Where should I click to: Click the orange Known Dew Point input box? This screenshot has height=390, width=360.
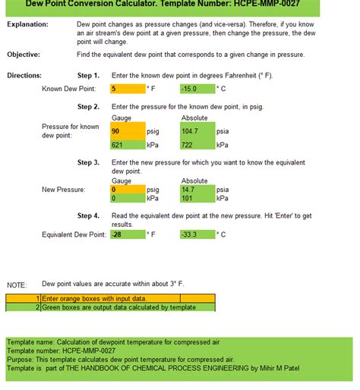click(x=127, y=89)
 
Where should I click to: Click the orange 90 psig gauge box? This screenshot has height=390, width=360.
click(x=127, y=131)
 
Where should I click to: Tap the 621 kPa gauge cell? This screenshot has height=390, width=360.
click(x=127, y=144)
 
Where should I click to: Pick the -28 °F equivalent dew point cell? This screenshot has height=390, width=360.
click(x=127, y=234)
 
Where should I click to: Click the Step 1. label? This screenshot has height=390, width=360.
click(x=88, y=76)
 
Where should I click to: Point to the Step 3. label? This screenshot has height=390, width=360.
click(x=88, y=162)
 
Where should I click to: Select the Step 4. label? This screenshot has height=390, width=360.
click(x=88, y=215)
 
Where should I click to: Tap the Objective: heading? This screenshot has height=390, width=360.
click(x=24, y=55)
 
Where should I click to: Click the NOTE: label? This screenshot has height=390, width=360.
click(x=16, y=285)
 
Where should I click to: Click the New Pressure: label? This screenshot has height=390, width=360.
click(x=64, y=190)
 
